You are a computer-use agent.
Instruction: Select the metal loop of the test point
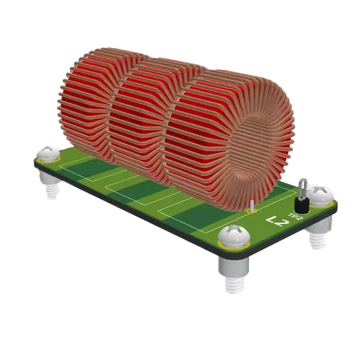pos(302,187)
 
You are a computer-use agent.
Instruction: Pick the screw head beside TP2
pos(321,195)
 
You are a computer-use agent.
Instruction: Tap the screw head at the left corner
pos(47,154)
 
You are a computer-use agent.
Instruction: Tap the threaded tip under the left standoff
pos(51,190)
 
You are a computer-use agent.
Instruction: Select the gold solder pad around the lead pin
pos(252,211)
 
